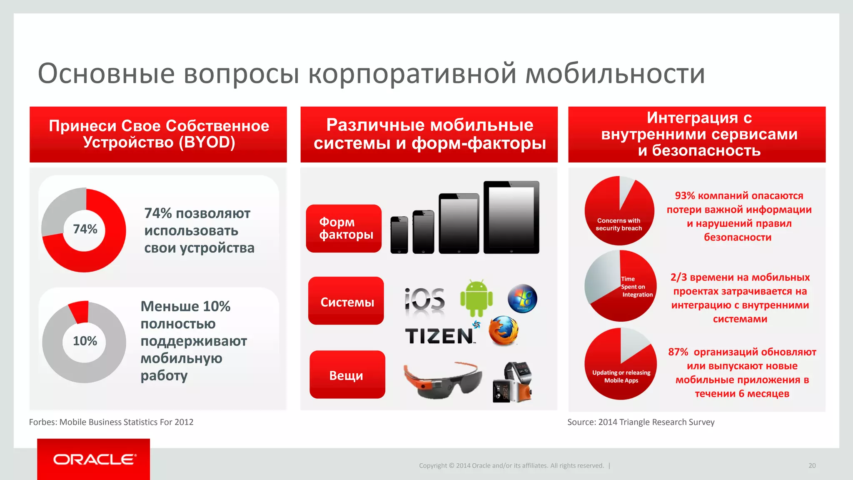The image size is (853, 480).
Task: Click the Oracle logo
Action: click(94, 459)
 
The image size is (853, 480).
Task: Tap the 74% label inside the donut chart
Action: click(85, 229)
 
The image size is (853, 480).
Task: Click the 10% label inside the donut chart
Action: click(85, 341)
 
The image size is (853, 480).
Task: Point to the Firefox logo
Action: click(503, 331)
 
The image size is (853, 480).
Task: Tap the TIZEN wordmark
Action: click(439, 336)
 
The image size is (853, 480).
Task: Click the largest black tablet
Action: click(511, 217)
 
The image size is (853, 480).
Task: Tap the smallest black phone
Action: click(399, 235)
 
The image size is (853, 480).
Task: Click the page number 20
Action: click(812, 465)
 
